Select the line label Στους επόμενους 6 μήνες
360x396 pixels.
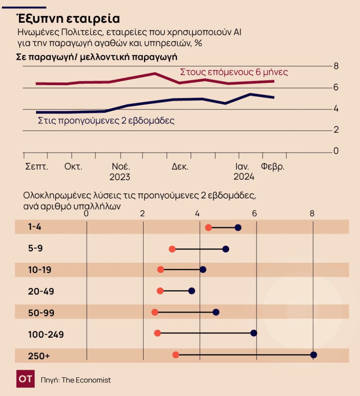click(x=234, y=72)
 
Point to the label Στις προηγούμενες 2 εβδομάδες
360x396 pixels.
click(x=106, y=120)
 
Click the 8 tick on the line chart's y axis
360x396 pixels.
click(x=336, y=66)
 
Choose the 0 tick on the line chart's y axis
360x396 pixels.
click(x=336, y=151)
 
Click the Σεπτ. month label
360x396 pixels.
click(x=37, y=167)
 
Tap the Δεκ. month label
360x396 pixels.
click(x=180, y=167)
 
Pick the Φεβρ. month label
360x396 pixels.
click(x=273, y=167)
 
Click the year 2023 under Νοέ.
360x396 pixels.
click(x=120, y=178)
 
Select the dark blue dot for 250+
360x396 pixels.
click(x=314, y=355)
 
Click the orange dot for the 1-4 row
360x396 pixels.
click(x=209, y=227)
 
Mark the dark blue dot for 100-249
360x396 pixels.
click(x=254, y=333)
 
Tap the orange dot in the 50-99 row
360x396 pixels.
click(x=155, y=312)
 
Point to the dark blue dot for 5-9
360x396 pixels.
click(x=226, y=249)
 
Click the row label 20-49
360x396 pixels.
click(x=41, y=291)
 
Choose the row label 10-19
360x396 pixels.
click(x=39, y=270)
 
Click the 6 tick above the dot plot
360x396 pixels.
click(x=254, y=213)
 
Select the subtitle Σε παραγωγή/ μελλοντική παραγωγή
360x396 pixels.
click(x=96, y=57)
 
